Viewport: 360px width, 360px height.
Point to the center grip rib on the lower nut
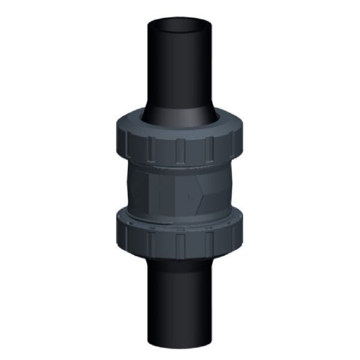tap(179, 244)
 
